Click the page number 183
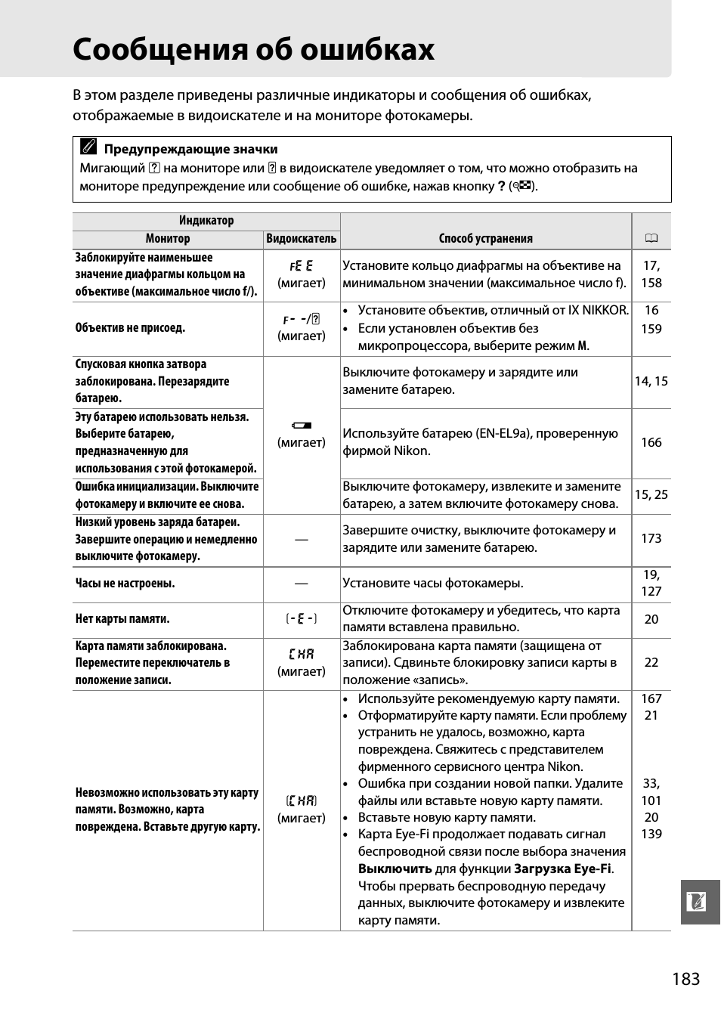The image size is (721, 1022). point(685,979)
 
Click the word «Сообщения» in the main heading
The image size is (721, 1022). point(159,50)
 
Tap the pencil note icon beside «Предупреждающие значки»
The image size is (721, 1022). point(88,147)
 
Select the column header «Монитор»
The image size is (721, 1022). point(168,239)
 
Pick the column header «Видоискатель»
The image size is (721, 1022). point(302,239)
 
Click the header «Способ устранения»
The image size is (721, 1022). point(485,239)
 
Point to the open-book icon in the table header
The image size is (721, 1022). point(651,239)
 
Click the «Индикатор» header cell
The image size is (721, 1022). point(206,221)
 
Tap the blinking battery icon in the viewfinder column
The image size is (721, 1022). point(302,426)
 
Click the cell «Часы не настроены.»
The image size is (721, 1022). point(125,584)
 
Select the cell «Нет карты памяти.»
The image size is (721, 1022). point(122,619)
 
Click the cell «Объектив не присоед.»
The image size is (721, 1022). point(130,328)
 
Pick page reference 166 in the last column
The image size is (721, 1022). point(651,442)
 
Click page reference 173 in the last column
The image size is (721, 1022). point(651,538)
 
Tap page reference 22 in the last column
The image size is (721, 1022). point(651,662)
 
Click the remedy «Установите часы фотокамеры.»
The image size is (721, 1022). point(433,584)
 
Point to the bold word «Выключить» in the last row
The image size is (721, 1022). point(395,869)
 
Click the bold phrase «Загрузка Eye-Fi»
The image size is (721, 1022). point(562,869)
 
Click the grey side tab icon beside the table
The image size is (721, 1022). point(697,902)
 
